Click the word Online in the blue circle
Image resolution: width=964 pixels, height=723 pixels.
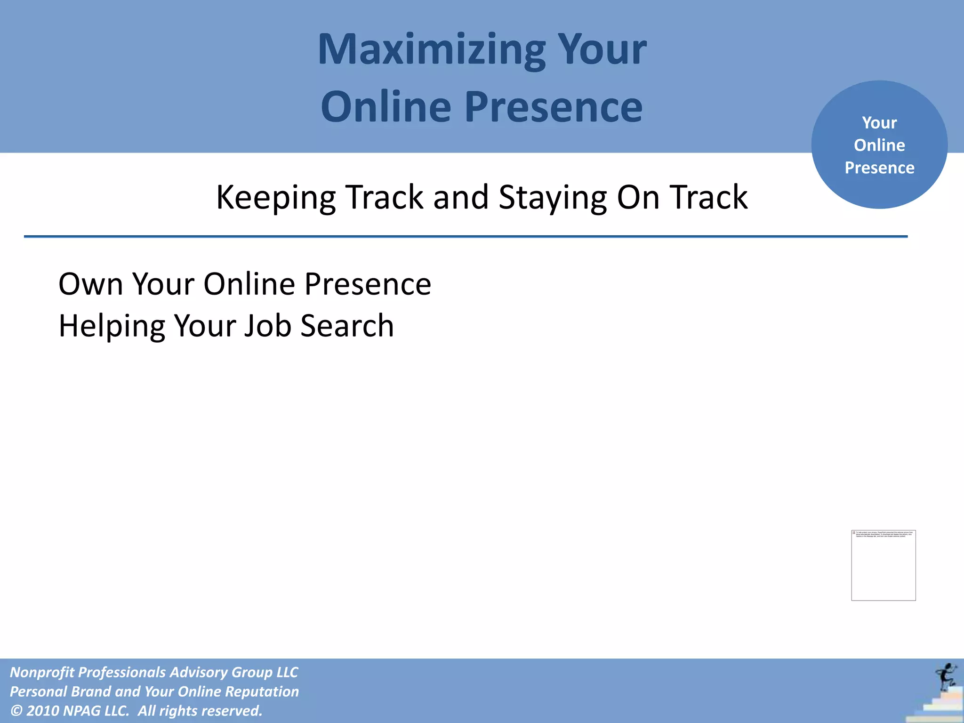[x=879, y=145]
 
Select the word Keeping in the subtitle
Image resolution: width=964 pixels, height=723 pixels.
[x=275, y=198]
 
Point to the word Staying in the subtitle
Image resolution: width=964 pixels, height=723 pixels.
[x=553, y=198]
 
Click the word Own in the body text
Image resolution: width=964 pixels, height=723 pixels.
[x=90, y=284]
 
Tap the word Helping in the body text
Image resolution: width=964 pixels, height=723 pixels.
[x=112, y=326]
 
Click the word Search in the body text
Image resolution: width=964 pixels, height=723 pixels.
[x=347, y=326]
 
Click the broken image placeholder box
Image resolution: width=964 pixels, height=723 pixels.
[x=883, y=565]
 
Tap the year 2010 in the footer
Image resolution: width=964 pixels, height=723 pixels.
[x=42, y=711]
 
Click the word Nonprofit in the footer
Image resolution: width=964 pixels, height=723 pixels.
[x=41, y=672]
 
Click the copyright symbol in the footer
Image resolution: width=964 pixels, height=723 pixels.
[x=16, y=711]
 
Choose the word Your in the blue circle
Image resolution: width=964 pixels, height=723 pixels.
[x=879, y=123]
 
